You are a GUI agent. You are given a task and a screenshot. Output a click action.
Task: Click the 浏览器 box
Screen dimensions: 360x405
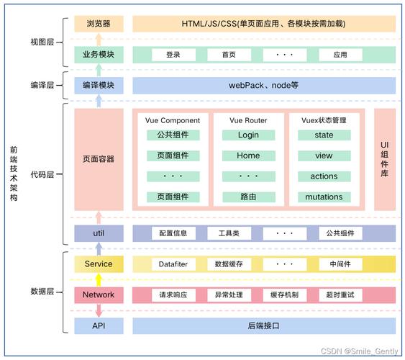point(99,23)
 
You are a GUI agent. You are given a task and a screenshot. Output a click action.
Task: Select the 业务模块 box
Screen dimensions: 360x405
point(99,54)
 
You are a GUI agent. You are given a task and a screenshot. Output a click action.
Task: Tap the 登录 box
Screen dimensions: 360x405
point(173,54)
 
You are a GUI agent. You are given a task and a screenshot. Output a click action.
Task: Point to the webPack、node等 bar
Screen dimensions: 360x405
point(263,85)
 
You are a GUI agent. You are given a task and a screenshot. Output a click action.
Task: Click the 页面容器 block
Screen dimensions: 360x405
point(99,158)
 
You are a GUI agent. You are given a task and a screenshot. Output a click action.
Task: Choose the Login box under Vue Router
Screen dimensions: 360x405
point(247,135)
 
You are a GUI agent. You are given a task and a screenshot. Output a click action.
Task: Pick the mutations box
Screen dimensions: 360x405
point(324,197)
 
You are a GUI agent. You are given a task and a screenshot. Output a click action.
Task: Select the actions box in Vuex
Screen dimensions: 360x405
point(324,176)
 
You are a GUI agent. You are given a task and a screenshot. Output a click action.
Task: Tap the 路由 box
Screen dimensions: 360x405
point(247,197)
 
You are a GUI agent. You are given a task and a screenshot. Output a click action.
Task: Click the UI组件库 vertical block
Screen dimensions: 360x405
point(384,158)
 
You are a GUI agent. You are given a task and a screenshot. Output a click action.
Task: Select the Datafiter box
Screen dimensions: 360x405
point(173,264)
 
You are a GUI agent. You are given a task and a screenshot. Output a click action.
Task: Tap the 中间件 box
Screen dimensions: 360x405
point(340,264)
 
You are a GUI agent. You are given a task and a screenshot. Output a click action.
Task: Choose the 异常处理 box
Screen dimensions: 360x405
point(229,294)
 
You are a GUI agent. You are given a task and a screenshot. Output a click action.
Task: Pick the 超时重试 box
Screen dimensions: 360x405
point(340,294)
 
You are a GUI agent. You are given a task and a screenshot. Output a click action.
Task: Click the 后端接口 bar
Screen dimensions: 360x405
point(263,325)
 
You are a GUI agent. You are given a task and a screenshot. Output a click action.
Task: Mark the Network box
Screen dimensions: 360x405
point(99,294)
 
